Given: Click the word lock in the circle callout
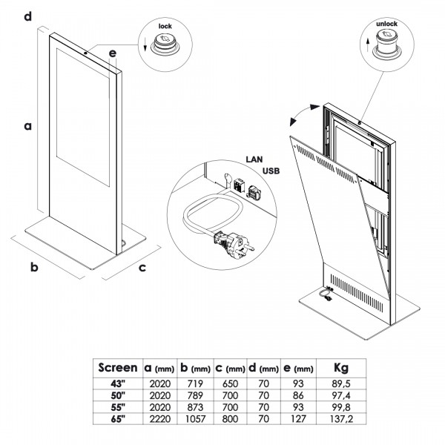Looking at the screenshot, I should tap(165, 25).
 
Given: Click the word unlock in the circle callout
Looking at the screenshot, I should tap(386, 24).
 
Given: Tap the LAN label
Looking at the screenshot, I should tap(253, 159).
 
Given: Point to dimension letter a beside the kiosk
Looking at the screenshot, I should tap(28, 127).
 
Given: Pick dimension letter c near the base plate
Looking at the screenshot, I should tap(142, 267).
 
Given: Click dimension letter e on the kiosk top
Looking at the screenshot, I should tap(111, 53).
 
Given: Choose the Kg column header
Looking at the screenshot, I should tap(340, 367).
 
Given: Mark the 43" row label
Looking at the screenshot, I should tap(119, 383).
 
